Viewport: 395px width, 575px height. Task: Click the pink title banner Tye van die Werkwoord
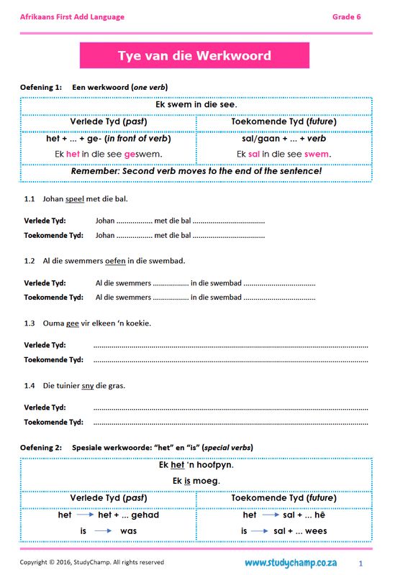point(194,55)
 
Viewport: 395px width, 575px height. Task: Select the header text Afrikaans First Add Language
point(72,17)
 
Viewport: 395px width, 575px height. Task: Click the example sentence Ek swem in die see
point(196,105)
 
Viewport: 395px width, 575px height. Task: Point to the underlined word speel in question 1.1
point(75,198)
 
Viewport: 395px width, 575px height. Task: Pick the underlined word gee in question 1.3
point(72,323)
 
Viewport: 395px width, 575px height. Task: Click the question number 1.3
point(29,323)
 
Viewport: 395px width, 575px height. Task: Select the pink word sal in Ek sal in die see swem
point(253,154)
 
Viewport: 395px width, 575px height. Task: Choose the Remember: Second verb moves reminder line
point(196,172)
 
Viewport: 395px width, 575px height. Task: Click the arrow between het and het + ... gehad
point(86,515)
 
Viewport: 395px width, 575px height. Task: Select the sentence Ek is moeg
point(196,480)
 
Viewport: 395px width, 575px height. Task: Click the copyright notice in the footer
point(91,562)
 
